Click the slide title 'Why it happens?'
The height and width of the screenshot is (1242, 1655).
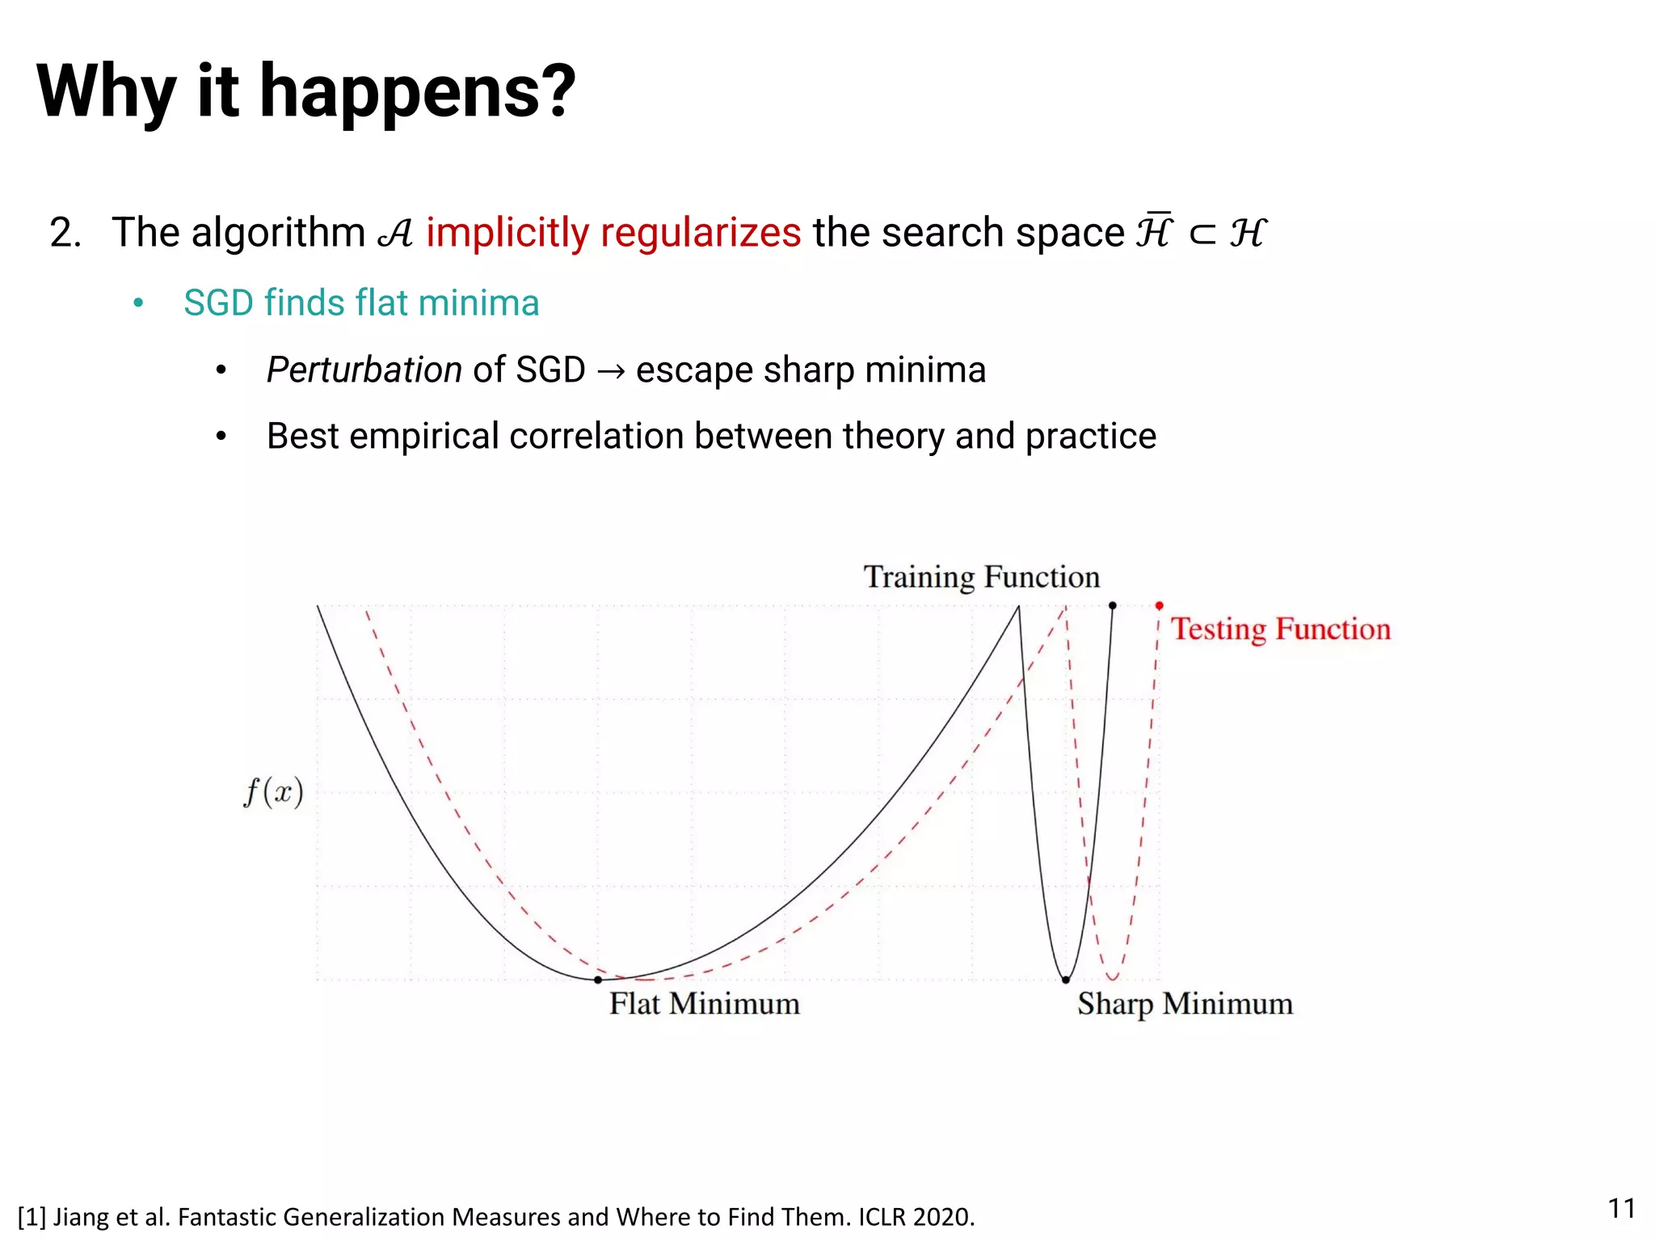pyautogui.click(x=306, y=91)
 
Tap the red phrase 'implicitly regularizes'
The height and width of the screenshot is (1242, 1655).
pyautogui.click(x=613, y=233)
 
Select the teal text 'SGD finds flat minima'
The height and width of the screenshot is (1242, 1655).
pyautogui.click(x=361, y=303)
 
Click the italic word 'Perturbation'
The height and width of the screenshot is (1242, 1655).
pyautogui.click(x=364, y=370)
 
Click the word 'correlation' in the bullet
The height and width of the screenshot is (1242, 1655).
pyautogui.click(x=596, y=437)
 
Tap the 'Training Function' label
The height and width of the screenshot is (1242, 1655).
pyautogui.click(x=981, y=577)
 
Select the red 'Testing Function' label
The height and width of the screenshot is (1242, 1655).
pyautogui.click(x=1281, y=629)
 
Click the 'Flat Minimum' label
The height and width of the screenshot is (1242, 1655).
pyautogui.click(x=704, y=1003)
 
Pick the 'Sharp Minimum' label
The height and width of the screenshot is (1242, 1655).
pyautogui.click(x=1185, y=1003)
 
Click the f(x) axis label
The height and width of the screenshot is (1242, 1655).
pyautogui.click(x=273, y=792)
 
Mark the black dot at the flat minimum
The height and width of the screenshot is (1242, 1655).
pyautogui.click(x=598, y=979)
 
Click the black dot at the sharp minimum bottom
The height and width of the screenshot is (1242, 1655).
pyautogui.click(x=1066, y=979)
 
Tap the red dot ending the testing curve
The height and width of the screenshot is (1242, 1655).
pyautogui.click(x=1160, y=606)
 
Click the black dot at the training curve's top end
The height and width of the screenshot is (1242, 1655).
pyautogui.click(x=1113, y=606)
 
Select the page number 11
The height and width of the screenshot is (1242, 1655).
pyautogui.click(x=1621, y=1208)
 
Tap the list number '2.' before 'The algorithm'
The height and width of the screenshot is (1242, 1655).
pyautogui.click(x=65, y=233)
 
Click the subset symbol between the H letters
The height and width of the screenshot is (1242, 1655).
pyautogui.click(x=1202, y=234)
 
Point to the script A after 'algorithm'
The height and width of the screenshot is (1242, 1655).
pyautogui.click(x=395, y=234)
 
